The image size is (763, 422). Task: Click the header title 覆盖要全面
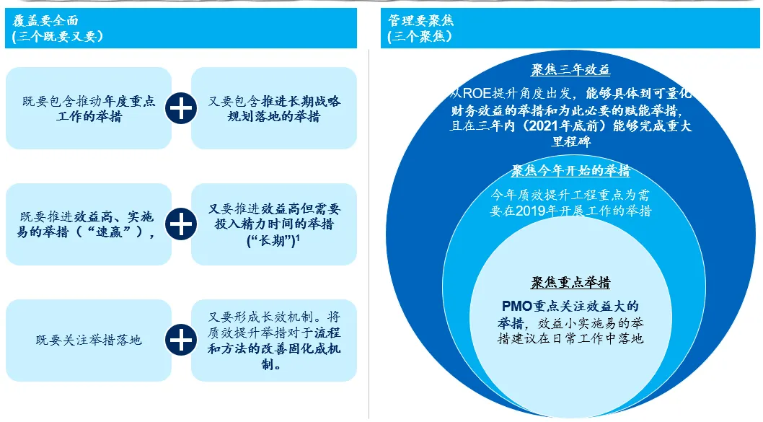pos(45,20)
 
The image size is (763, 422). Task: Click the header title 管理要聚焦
pos(421,20)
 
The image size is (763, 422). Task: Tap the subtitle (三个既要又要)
pos(58,36)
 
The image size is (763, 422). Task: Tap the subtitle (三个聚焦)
pos(420,36)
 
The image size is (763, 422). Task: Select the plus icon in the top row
pos(181,108)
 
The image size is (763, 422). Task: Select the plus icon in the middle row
pos(181,224)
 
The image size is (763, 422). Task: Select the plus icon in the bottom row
pos(181,340)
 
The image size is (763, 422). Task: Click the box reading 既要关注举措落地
pos(89,340)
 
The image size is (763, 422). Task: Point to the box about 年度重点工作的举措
pos(89,108)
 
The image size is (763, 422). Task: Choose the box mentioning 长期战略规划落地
pos(274,108)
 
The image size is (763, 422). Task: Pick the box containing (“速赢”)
pos(89,224)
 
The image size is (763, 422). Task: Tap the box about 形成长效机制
pos(274,340)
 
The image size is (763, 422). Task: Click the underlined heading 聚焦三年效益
pos(570,70)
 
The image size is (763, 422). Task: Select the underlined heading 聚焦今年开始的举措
pos(570,171)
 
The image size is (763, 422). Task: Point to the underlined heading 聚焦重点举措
pos(570,281)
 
